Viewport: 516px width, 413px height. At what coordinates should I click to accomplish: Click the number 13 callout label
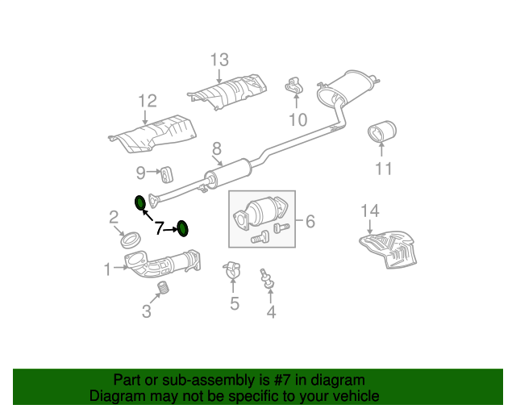click(x=219, y=60)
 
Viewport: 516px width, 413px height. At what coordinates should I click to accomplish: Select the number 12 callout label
click(x=146, y=101)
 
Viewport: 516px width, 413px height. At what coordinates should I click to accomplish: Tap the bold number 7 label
click(x=160, y=228)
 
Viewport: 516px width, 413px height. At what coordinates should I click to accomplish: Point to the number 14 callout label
click(x=369, y=211)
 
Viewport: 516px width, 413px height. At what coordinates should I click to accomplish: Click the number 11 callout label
click(x=383, y=169)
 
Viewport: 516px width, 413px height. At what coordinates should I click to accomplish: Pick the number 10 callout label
click(x=298, y=120)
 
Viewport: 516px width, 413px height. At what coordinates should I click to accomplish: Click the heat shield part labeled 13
click(x=228, y=92)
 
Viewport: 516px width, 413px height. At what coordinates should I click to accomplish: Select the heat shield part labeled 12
click(x=153, y=132)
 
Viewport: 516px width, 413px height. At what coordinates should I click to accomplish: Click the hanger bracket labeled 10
click(x=293, y=86)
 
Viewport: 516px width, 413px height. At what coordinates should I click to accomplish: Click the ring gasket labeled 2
click(x=131, y=239)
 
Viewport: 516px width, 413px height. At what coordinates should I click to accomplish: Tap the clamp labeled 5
click(x=232, y=270)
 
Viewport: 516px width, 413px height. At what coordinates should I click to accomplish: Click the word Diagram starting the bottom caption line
click(x=114, y=396)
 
